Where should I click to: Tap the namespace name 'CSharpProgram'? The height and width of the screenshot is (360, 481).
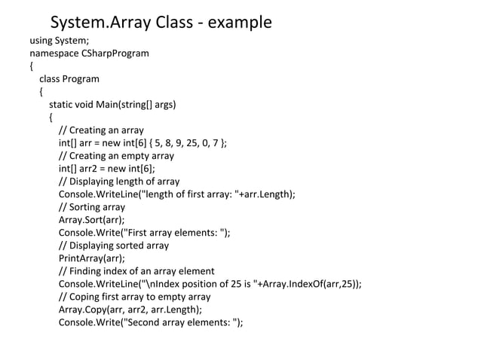(x=112, y=53)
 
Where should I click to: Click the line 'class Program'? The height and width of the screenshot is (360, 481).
(x=69, y=79)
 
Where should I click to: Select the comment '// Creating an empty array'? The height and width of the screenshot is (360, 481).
(x=116, y=156)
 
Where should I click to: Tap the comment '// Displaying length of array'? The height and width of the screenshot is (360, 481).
(x=119, y=182)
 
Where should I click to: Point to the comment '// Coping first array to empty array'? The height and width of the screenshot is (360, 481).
(x=135, y=297)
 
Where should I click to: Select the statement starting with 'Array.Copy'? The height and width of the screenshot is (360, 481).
(x=130, y=310)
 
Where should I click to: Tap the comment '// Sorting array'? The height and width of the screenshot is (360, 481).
(x=92, y=207)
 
